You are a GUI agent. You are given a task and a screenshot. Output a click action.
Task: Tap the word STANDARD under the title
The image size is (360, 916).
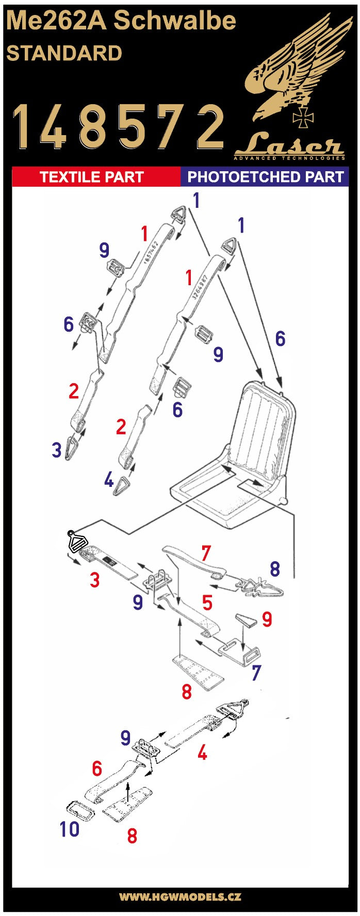click(x=64, y=54)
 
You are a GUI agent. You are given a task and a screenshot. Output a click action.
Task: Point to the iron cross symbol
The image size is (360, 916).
click(x=303, y=118)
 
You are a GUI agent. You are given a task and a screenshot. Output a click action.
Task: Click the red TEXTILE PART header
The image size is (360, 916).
click(x=92, y=177)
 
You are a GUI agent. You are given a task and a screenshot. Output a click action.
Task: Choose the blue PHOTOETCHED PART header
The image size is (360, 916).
click(x=265, y=177)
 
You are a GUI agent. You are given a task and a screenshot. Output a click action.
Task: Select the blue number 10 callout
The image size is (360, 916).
click(x=69, y=829)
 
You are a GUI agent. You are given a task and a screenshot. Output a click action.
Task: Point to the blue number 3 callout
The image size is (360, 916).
click(x=57, y=450)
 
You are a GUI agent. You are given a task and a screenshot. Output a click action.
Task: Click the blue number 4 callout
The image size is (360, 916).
click(x=108, y=480)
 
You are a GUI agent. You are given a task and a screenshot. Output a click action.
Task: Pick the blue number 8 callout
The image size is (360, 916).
click(x=275, y=569)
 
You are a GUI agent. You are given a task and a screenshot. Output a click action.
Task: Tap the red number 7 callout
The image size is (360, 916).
click(x=206, y=553)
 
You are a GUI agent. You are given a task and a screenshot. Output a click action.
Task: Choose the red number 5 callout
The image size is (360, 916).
click(x=207, y=602)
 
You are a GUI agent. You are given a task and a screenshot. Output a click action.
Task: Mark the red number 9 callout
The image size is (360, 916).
click(x=267, y=619)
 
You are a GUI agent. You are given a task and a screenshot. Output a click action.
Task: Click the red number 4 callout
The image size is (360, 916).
click(x=203, y=753)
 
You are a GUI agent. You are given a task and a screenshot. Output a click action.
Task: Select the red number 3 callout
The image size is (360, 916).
click(x=94, y=580)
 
